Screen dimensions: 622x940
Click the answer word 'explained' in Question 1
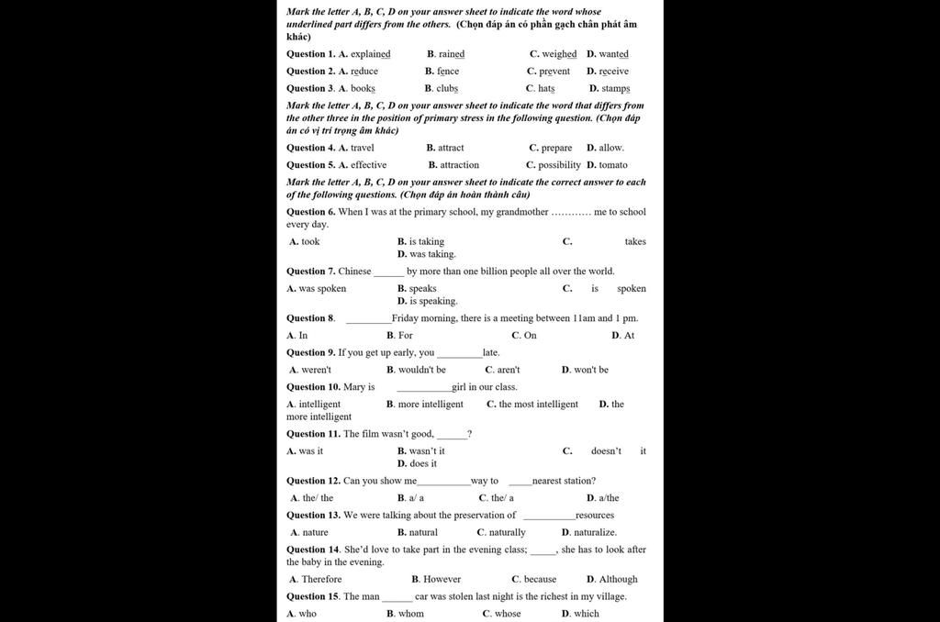pyautogui.click(x=370, y=54)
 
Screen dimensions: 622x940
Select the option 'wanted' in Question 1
pyautogui.click(x=614, y=54)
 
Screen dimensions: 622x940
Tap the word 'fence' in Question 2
pyautogui.click(x=448, y=72)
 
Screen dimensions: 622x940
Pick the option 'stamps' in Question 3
pyautogui.click(x=616, y=89)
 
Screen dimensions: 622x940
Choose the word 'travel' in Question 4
pyautogui.click(x=363, y=148)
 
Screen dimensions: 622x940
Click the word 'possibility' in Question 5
pyautogui.click(x=559, y=165)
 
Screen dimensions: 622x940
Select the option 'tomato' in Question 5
pyautogui.click(x=613, y=165)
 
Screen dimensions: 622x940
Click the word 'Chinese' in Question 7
pyautogui.click(x=354, y=272)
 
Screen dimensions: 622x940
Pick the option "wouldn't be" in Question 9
pyautogui.click(x=422, y=370)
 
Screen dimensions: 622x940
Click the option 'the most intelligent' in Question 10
pyautogui.click(x=539, y=405)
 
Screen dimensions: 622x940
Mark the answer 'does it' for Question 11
pyautogui.click(x=423, y=464)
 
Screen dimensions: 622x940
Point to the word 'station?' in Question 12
pyautogui.click(x=577, y=481)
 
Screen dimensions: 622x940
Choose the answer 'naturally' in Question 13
pyautogui.click(x=507, y=532)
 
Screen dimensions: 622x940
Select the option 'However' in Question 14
pyautogui.click(x=442, y=579)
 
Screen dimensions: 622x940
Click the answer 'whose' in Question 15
pyautogui.click(x=508, y=614)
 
